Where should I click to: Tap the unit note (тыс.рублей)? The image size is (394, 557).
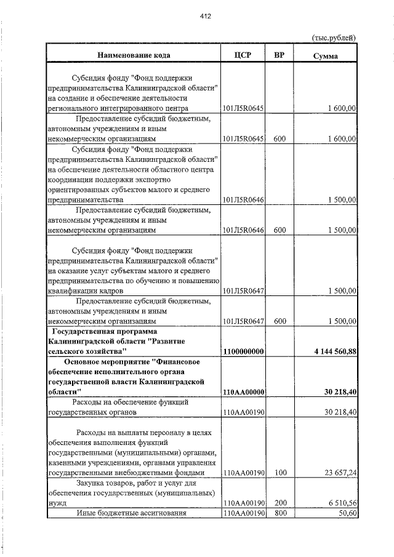(x=334, y=38)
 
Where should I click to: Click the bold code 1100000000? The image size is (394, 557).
(x=243, y=351)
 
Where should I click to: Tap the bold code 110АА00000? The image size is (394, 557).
(x=243, y=392)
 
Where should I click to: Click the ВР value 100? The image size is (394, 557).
(x=279, y=473)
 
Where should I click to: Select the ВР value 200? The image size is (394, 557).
(x=279, y=503)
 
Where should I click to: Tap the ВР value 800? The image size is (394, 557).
(x=279, y=513)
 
